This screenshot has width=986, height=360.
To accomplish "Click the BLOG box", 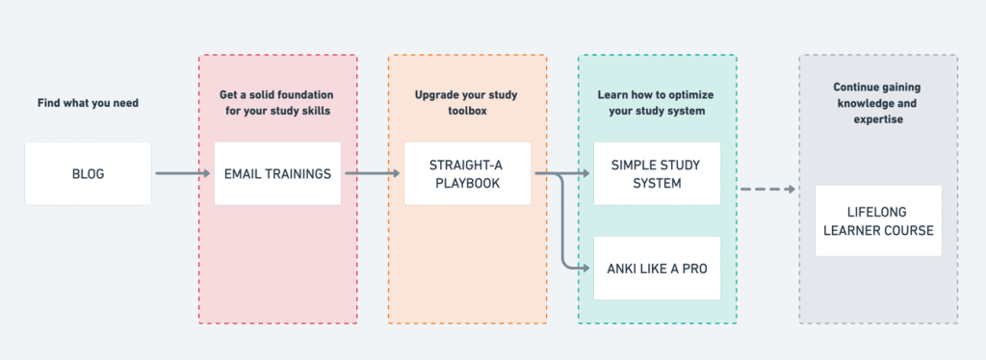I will point(88,174).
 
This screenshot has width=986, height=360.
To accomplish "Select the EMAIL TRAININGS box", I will point(277,174).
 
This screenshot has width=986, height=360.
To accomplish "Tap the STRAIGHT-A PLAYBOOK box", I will point(467,174).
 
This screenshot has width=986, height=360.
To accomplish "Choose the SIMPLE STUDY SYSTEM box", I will point(657,174).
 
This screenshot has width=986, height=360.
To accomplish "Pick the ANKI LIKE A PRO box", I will point(657,269).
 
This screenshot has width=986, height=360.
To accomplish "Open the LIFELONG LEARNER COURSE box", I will point(878,220).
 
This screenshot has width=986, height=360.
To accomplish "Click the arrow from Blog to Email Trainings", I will point(183,174).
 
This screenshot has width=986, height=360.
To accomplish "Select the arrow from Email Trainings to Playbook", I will point(373,174).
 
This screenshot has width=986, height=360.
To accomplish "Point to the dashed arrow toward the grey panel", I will point(767,189).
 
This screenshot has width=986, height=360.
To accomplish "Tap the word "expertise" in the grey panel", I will point(877,119).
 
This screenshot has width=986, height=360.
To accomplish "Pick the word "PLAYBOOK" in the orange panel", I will point(467,184).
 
